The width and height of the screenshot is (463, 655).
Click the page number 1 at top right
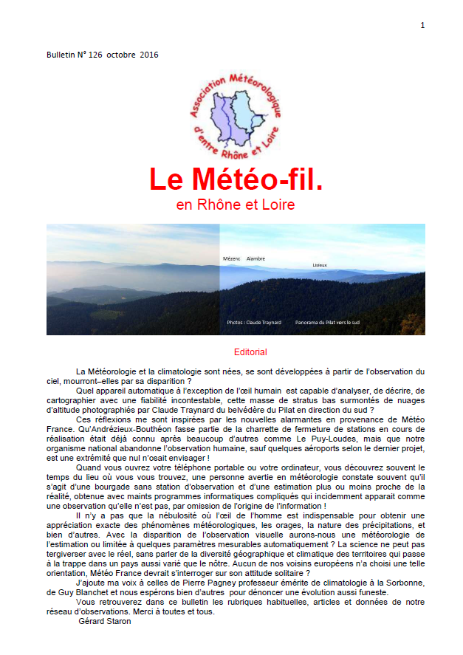tap(422, 26)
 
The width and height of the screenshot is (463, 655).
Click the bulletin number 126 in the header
tap(95, 55)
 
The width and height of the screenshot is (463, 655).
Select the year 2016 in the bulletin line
tap(148, 55)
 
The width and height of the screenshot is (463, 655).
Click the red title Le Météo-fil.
tap(236, 179)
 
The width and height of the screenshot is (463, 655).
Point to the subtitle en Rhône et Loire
tap(236, 205)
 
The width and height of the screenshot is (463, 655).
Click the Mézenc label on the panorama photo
tap(232, 259)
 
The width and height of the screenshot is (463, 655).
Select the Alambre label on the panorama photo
tap(255, 259)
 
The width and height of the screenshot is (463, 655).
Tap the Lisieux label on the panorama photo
tap(319, 264)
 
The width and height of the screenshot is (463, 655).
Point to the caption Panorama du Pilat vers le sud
tap(327, 323)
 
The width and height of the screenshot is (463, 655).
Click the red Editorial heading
tap(250, 352)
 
